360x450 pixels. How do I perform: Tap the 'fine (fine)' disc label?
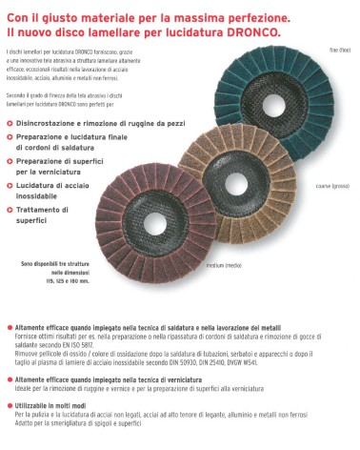[x=340, y=49]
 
